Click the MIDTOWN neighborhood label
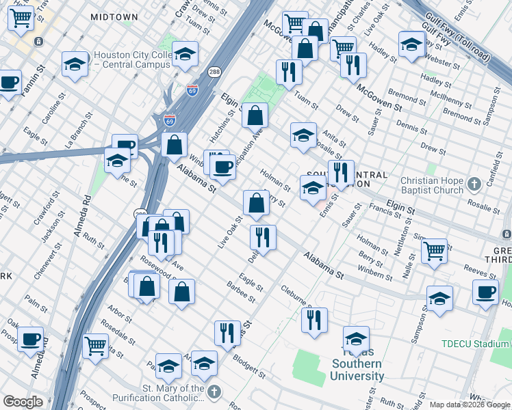point(114,16)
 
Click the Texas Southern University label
point(357,370)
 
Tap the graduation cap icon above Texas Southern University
point(356,339)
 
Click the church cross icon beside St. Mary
point(215,392)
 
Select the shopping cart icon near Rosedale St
point(96,345)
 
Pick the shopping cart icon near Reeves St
point(434,251)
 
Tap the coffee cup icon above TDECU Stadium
point(485,292)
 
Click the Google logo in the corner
point(23,402)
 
